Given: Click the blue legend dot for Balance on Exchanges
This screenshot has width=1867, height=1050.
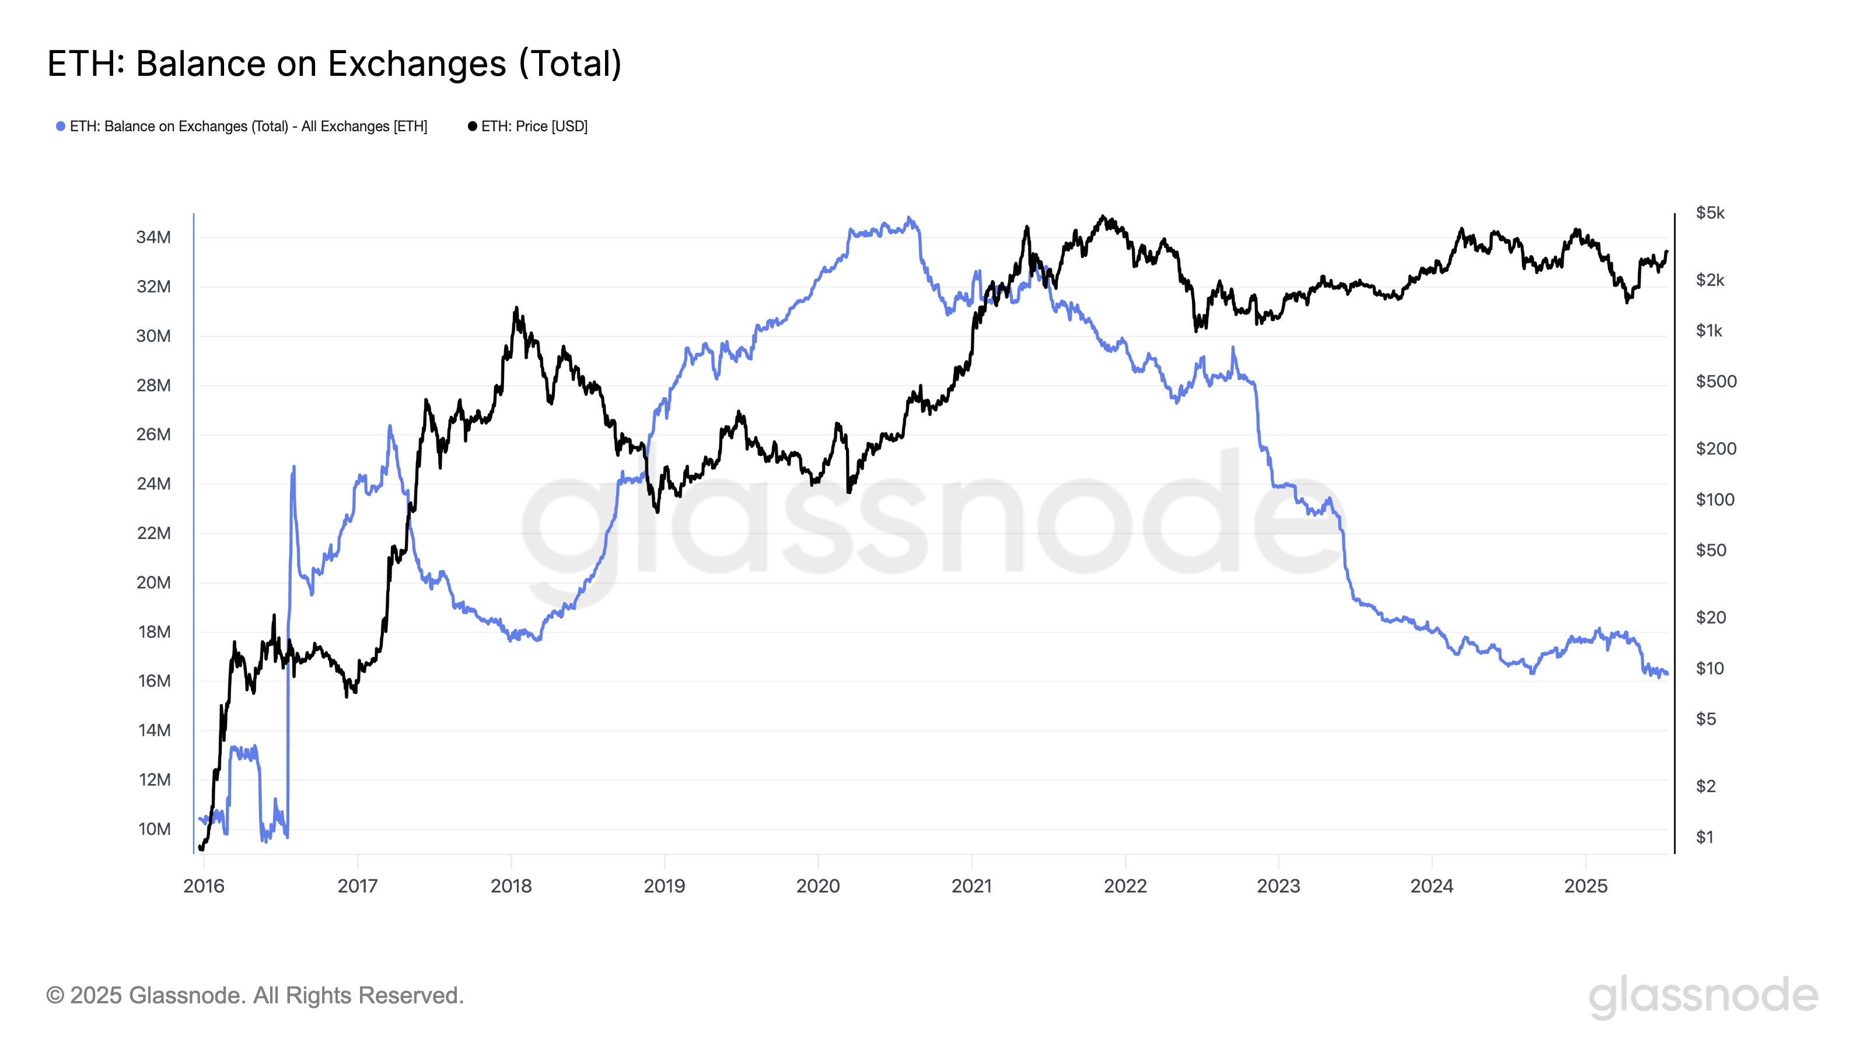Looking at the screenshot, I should point(61,127).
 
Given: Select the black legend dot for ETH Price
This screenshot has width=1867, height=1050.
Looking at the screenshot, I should point(473,127).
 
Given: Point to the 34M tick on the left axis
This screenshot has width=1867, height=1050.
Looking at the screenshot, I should point(153,237).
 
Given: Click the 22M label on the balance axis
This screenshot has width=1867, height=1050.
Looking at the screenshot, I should point(153,533).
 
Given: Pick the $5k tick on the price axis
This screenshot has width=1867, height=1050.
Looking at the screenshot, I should point(1709,213).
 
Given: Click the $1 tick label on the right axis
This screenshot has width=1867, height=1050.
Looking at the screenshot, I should point(1705,837).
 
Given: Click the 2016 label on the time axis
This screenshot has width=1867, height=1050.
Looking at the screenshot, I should point(204,886).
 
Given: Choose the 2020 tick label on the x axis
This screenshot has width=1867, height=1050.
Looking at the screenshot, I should point(817,886).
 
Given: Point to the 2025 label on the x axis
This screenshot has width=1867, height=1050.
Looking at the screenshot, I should point(1586,886).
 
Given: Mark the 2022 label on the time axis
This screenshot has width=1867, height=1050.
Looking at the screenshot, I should point(1125,886).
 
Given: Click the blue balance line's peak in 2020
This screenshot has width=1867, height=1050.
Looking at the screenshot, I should point(910,218).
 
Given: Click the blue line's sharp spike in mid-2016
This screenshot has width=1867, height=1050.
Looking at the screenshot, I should point(293,467).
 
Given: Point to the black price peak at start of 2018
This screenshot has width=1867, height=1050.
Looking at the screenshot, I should point(516,308).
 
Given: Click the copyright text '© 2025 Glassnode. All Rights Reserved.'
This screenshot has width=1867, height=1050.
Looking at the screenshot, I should point(254,996).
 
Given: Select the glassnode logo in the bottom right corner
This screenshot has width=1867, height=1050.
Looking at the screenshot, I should point(1703,996).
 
